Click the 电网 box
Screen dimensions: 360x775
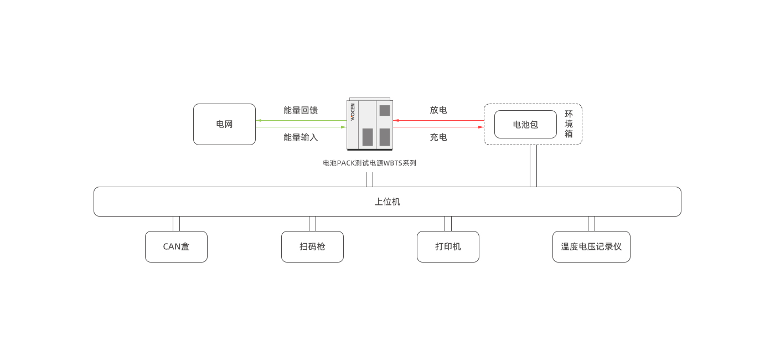pos(224,124)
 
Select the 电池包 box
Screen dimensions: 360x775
pos(525,124)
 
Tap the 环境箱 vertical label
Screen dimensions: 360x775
pos(569,124)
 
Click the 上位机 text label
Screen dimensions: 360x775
pos(387,202)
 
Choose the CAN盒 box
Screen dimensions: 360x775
pos(176,246)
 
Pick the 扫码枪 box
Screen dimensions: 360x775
pos(312,246)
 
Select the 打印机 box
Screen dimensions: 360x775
pos(448,246)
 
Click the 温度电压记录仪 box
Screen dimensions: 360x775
pos(591,246)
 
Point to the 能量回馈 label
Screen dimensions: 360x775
pos(301,110)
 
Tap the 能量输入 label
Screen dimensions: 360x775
pos(301,137)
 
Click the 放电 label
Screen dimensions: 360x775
pos(438,110)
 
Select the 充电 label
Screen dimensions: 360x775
pos(438,137)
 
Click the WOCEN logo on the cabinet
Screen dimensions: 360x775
pos(352,112)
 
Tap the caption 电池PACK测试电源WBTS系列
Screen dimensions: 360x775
pos(369,163)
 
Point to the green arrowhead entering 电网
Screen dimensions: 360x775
pos(259,120)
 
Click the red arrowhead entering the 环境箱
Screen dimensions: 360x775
pos(481,127)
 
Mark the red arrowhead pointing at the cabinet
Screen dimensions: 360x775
pos(396,120)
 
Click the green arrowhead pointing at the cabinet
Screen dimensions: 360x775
pos(343,127)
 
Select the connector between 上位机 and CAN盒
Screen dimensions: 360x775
pos(176,224)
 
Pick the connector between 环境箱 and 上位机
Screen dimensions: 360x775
pos(533,166)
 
